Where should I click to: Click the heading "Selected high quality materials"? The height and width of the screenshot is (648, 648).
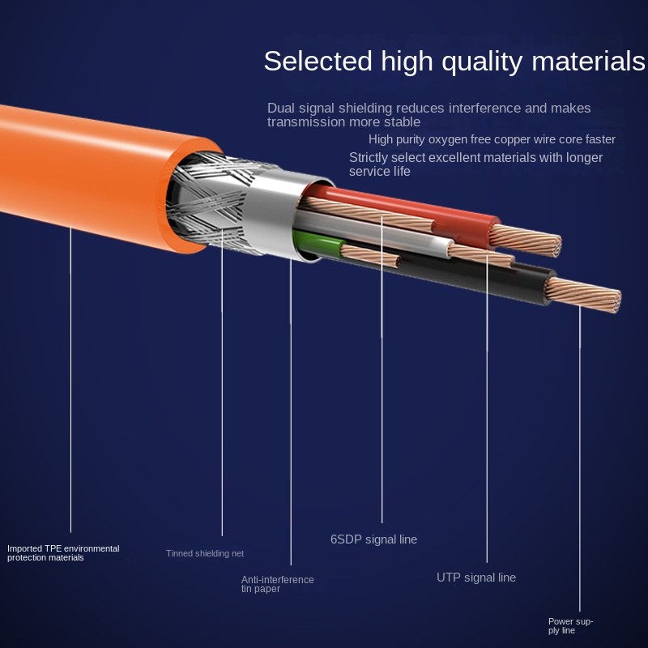[x=454, y=62]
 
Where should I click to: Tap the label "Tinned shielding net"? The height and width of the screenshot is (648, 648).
[x=205, y=553]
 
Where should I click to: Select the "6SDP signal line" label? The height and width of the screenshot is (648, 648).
[x=373, y=539]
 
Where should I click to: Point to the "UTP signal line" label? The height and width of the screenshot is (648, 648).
[x=476, y=578]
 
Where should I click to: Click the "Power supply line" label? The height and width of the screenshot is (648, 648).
[x=570, y=625]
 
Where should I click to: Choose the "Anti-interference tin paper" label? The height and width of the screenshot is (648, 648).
[x=277, y=584]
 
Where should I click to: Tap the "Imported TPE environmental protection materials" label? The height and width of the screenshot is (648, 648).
[x=63, y=553]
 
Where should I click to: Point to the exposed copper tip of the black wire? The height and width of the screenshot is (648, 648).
[x=583, y=294]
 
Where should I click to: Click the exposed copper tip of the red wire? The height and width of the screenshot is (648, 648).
[x=526, y=240]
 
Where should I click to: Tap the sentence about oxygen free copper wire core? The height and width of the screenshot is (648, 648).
[x=492, y=139]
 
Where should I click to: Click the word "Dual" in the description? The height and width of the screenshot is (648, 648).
[x=280, y=109]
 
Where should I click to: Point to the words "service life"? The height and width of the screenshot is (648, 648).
[x=380, y=172]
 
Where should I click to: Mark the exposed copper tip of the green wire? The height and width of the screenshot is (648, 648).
[x=371, y=256]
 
